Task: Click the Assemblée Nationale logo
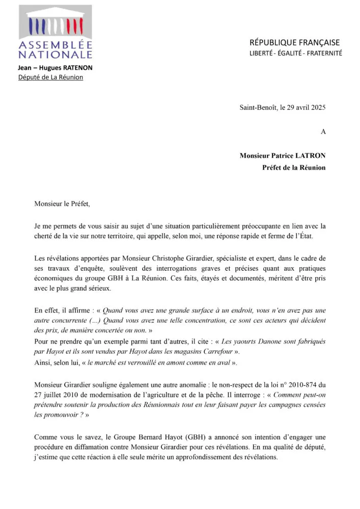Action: [56, 32]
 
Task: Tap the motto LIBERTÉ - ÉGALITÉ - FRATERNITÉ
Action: [295, 53]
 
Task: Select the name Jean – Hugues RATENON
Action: [56, 68]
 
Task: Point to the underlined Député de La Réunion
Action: [50, 77]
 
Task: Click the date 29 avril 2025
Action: [306, 107]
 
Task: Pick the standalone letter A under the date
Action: [323, 131]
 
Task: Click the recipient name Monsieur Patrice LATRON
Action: [282, 156]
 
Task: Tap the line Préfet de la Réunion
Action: [294, 167]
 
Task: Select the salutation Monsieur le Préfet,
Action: [62, 204]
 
